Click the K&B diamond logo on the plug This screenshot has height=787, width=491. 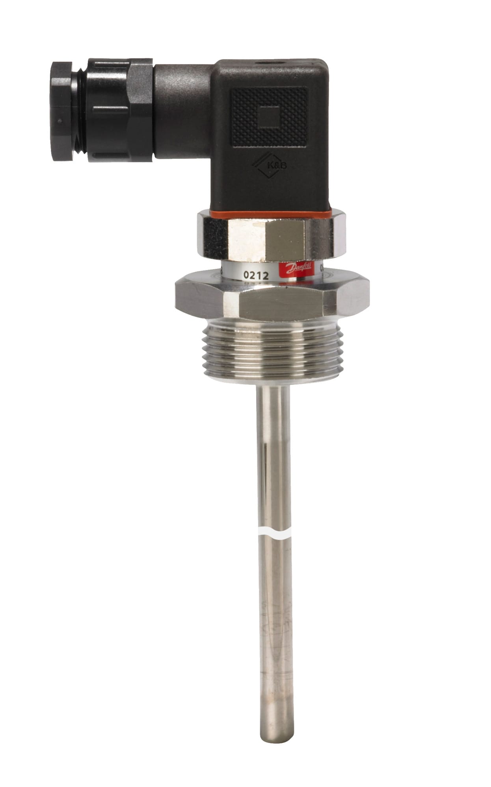click(x=270, y=166)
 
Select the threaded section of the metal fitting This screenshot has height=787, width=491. click(x=272, y=350)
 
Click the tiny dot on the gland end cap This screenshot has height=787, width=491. click(x=59, y=122)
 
